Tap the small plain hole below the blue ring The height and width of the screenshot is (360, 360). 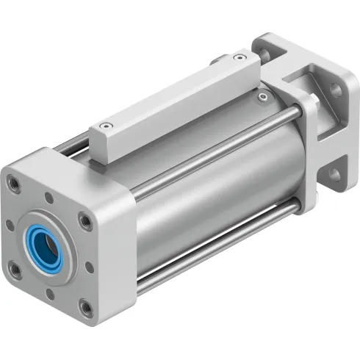[49, 292]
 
